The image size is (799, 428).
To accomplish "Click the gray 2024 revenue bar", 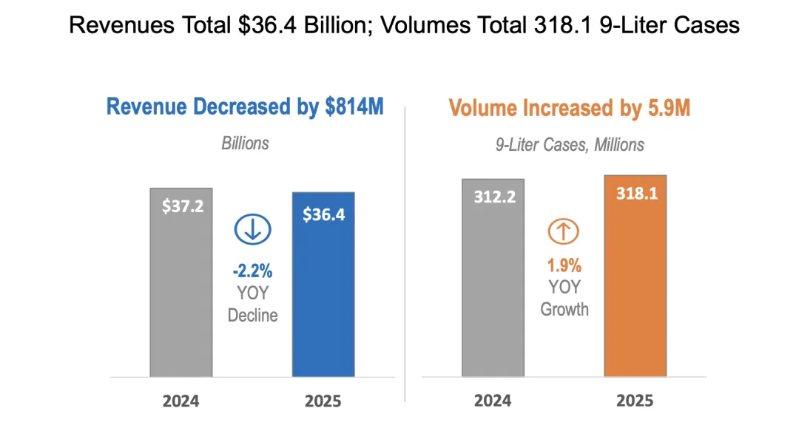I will (181, 296).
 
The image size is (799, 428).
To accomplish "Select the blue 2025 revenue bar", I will (323, 303).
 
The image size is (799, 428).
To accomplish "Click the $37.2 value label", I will (183, 205).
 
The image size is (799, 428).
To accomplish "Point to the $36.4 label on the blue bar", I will (323, 214).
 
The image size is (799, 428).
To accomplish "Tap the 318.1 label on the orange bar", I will (636, 194).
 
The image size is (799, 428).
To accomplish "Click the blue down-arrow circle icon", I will (252, 230).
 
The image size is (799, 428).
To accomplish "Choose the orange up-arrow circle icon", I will (564, 231).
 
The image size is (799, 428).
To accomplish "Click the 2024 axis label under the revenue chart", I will (181, 401).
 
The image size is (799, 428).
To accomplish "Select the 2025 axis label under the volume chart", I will (635, 401).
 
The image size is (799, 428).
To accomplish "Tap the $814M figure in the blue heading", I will (354, 106).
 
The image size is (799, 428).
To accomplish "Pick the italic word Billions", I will (246, 143).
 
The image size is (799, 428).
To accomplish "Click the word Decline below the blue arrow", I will (252, 315).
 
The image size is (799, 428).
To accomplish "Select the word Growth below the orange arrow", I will (564, 308).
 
